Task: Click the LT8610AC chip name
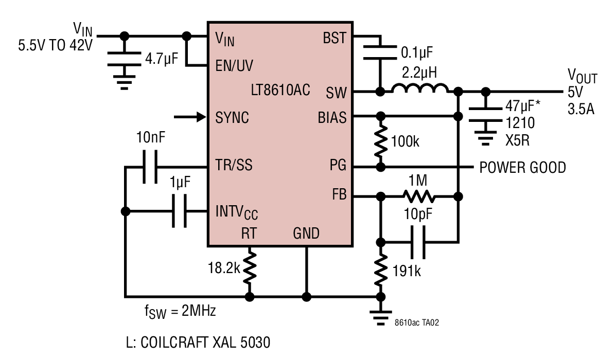point(280,90)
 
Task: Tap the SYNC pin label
point(232,117)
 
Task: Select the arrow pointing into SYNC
point(190,117)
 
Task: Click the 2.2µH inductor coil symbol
point(419,88)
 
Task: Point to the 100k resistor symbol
point(380,141)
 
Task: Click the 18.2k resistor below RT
point(250,268)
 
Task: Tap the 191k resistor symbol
point(380,271)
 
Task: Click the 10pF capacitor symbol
point(417,242)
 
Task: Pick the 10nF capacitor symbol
point(150,167)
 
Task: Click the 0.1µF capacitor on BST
point(380,52)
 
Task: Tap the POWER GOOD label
point(522,168)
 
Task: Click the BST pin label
point(335,38)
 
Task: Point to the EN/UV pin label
point(234,65)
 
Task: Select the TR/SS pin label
point(234,165)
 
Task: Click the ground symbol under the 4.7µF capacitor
point(124,82)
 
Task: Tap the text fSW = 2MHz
point(180,311)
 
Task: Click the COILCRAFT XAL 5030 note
point(198,343)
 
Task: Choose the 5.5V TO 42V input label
point(56,46)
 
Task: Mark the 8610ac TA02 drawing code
point(417,322)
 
